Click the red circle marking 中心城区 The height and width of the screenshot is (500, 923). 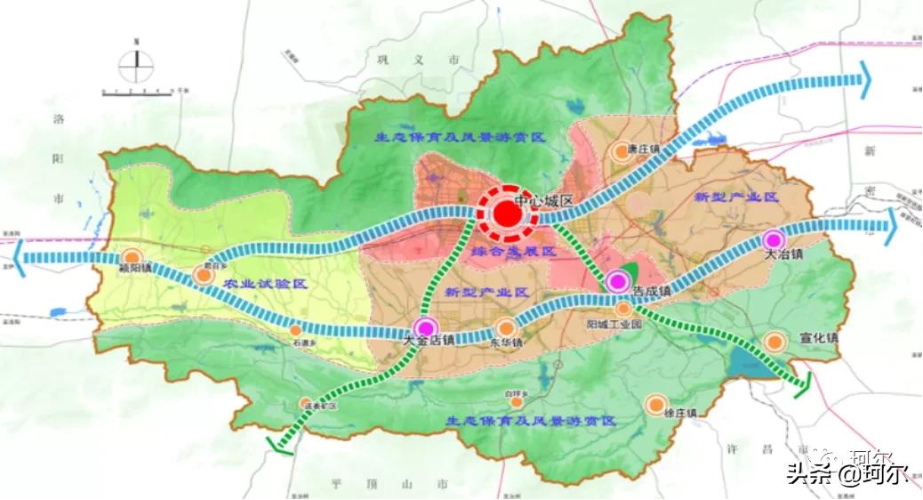click(504, 214)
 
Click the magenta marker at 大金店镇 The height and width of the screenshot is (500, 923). click(426, 327)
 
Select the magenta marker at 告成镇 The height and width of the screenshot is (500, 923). click(615, 282)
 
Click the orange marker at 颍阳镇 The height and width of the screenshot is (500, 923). click(132, 256)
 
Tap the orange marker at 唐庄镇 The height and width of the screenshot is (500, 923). click(621, 153)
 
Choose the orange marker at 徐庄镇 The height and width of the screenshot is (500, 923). click(656, 403)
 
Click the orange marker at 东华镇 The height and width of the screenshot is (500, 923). click(505, 327)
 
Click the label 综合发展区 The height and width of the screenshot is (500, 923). click(513, 254)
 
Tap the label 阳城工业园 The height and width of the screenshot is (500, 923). click(614, 326)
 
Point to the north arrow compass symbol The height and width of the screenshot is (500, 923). click(135, 61)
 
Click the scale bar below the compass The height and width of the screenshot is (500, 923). click(142, 92)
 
